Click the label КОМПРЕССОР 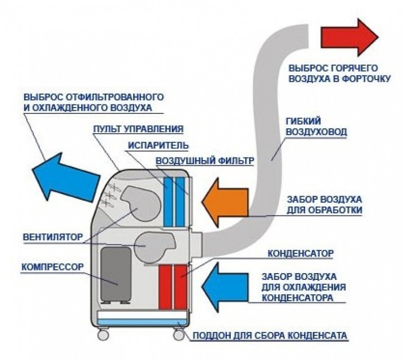pos(52,267)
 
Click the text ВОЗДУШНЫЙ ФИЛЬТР pos(205,161)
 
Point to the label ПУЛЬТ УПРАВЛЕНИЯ pos(138,129)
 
